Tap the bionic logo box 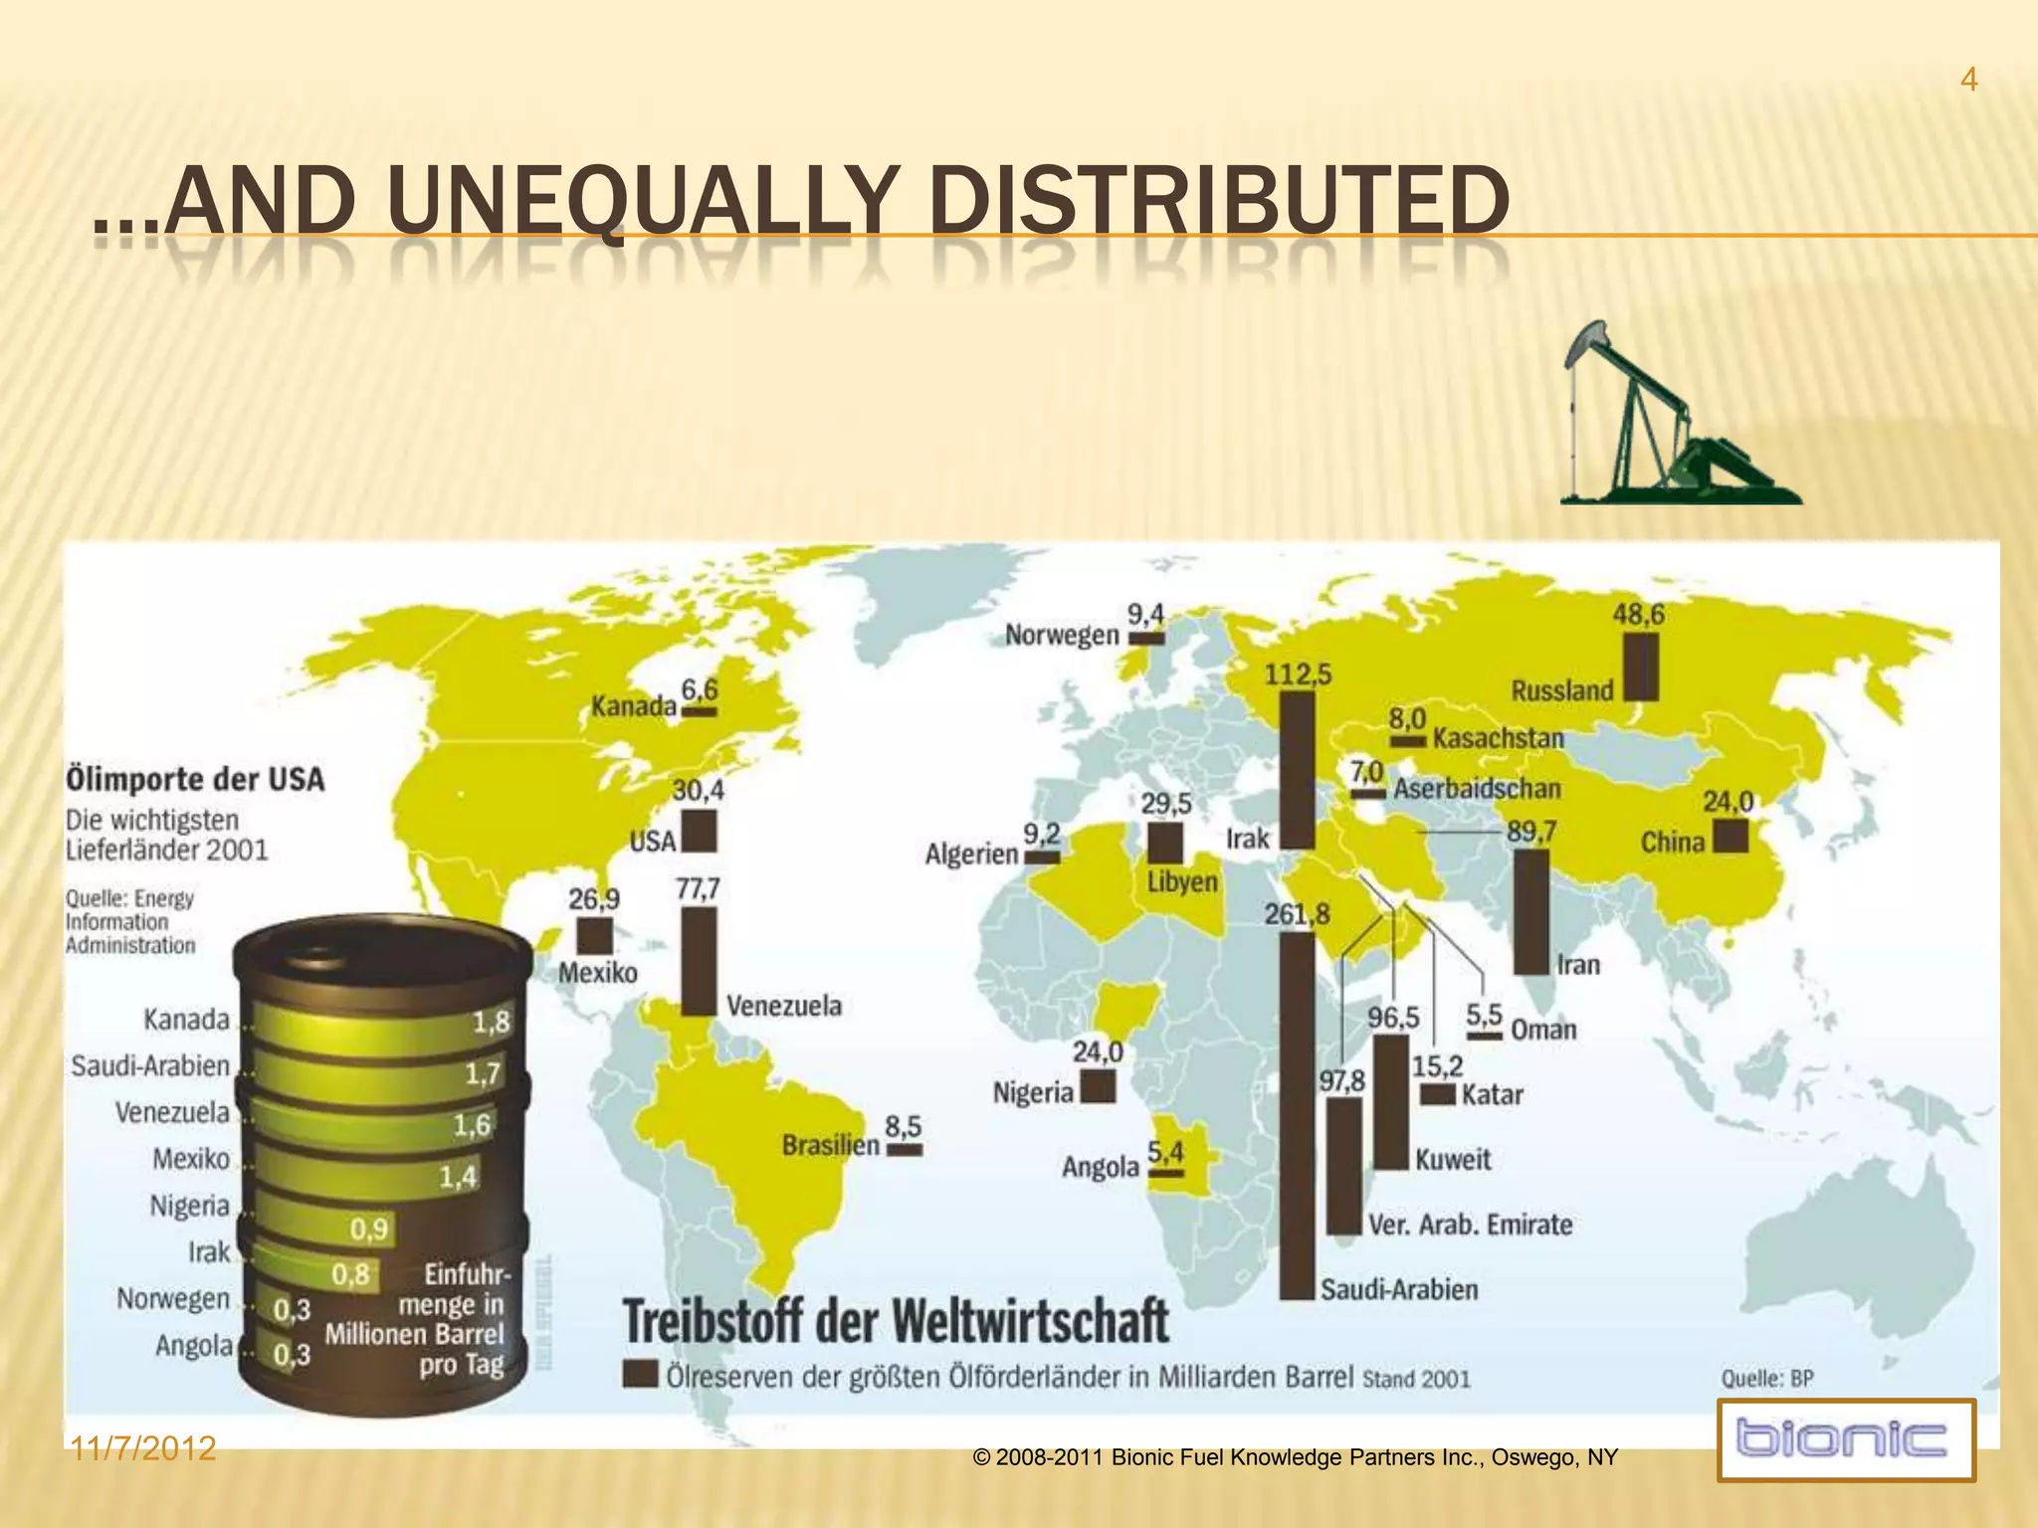pos(1846,1439)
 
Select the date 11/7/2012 pos(143,1448)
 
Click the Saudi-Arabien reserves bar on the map pos(1296,1114)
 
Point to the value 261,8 pos(1296,913)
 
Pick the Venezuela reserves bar pos(699,960)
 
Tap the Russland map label pos(1561,690)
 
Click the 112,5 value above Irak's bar pos(1298,674)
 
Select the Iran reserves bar pos(1530,910)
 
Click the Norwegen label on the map pos(1061,635)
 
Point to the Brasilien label pos(830,1145)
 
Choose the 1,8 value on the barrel pos(490,1022)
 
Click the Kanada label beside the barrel pos(186,1020)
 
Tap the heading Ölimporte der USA pos(195,778)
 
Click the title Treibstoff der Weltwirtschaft pos(896,1321)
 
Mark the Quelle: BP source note pos(1767,1378)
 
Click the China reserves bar pos(1731,836)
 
